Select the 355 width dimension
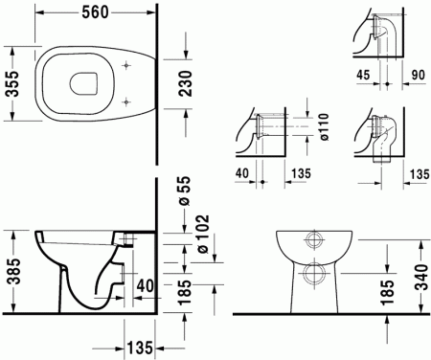tap(11, 90)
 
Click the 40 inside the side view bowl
tap(144, 285)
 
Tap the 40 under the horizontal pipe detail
tap(241, 173)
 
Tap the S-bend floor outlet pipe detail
tap(378, 144)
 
